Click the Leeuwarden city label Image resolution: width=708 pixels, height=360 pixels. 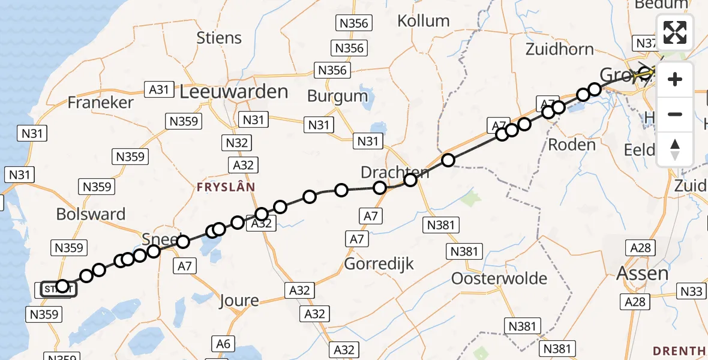[234, 92]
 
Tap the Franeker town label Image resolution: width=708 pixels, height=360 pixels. [100, 102]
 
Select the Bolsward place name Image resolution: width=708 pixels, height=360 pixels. [91, 214]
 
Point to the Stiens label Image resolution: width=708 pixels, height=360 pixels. [219, 38]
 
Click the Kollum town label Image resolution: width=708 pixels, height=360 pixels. [423, 21]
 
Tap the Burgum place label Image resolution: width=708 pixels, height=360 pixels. [337, 95]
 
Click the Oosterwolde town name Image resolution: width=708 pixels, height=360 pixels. [491, 278]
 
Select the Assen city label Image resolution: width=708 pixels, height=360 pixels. [643, 274]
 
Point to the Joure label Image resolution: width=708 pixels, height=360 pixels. [239, 300]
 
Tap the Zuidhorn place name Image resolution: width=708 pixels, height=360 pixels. [559, 49]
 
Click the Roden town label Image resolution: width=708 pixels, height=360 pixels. [572, 145]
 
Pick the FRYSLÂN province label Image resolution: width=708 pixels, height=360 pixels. [226, 187]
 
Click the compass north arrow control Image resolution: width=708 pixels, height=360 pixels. [675, 149]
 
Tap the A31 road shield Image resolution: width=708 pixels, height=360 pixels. [158, 89]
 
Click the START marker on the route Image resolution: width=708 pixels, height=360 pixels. [59, 290]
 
